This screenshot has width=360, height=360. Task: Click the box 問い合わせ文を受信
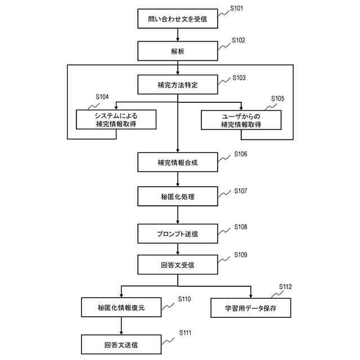click(x=177, y=19)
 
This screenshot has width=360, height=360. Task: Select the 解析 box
click(x=177, y=51)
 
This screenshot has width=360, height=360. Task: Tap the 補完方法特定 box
click(x=177, y=85)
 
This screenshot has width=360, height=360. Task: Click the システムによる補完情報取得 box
click(x=116, y=119)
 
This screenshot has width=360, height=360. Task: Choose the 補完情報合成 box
click(x=177, y=163)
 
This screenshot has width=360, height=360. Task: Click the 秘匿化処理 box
click(x=177, y=197)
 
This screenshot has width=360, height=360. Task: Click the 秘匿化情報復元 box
click(x=121, y=308)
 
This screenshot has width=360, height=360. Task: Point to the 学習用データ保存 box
click(x=251, y=308)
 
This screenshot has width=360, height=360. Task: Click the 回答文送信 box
click(x=121, y=344)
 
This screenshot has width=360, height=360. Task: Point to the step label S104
click(x=102, y=97)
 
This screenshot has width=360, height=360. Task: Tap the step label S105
click(x=277, y=98)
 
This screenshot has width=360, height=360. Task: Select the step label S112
click(x=285, y=287)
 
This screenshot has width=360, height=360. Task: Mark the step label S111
click(x=186, y=333)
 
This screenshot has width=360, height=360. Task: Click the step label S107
click(x=241, y=191)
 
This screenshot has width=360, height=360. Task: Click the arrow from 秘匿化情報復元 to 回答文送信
click(x=121, y=326)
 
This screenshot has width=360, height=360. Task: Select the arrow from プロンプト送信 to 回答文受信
click(x=177, y=249)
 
